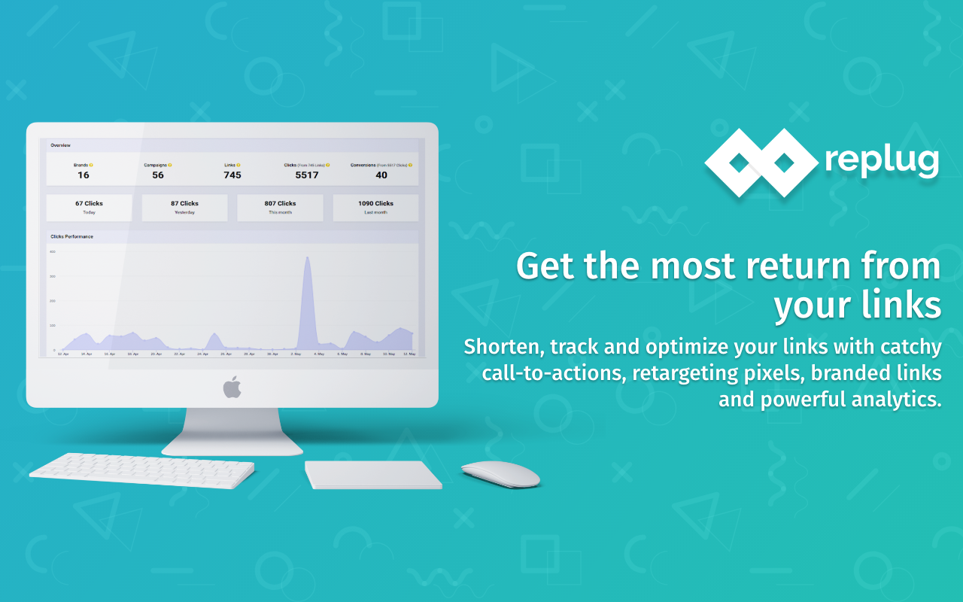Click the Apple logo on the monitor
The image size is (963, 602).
coord(232,387)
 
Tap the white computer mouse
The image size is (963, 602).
coord(500,474)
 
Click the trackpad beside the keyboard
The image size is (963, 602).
coord(372,474)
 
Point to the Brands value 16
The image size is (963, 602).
coord(83,175)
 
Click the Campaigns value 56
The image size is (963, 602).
coord(157,175)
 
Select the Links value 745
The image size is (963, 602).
coord(232,175)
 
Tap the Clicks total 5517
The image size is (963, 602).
coord(306,175)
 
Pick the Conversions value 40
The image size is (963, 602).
coord(381,175)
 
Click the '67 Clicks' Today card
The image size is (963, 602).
coord(89,208)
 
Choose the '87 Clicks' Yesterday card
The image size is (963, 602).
coord(184,208)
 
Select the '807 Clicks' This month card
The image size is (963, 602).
coord(280,208)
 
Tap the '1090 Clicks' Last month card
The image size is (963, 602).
coord(375,208)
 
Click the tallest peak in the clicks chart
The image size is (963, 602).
coord(307,260)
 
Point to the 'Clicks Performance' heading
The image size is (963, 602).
coord(72,236)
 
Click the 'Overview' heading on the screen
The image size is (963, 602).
coord(60,144)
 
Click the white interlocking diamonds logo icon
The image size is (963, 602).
coord(760,162)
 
